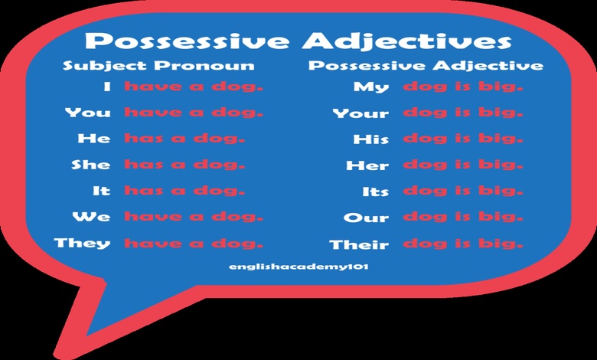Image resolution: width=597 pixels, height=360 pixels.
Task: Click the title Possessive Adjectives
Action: tap(298, 41)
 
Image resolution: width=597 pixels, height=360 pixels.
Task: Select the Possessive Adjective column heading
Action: tap(426, 65)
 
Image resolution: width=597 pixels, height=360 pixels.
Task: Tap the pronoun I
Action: tap(107, 87)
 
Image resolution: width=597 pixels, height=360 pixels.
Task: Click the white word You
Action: tap(87, 113)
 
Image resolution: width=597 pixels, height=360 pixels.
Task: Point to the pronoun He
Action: tap(94, 139)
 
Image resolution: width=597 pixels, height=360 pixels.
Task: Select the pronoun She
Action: tap(90, 165)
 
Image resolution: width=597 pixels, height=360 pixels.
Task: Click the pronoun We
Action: tap(91, 217)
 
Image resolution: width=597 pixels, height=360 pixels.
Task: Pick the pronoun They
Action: tap(82, 244)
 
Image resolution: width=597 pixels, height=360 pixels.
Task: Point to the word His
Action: tap(371, 139)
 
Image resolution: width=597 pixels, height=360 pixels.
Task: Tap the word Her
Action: tap(369, 165)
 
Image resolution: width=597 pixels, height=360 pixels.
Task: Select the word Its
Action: tap(376, 191)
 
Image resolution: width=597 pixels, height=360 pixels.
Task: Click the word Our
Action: tap(367, 218)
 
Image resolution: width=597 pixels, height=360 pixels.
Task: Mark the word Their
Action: tap(359, 245)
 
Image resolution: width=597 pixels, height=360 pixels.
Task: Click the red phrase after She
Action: tap(184, 165)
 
